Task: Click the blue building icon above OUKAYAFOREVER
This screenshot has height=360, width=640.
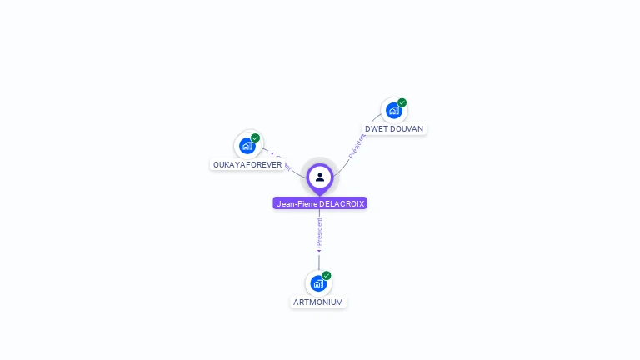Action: coord(247,146)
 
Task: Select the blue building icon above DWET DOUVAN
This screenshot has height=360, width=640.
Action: coord(393,110)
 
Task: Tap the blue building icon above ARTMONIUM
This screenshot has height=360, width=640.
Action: coord(318,283)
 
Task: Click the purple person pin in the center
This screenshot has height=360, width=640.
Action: coord(320,177)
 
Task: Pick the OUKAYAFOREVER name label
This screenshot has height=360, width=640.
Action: coord(247,165)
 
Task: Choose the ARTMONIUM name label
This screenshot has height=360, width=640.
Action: coord(318,302)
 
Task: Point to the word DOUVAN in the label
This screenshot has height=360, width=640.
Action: coord(407,129)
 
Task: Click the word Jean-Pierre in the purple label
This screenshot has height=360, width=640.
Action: coord(297,203)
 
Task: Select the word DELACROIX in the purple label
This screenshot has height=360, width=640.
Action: coord(342,203)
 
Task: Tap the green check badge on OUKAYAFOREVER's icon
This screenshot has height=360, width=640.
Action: coord(256,138)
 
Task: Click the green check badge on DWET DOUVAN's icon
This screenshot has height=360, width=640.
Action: coord(402,102)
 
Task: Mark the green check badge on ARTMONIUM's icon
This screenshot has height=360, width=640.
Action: coord(327,276)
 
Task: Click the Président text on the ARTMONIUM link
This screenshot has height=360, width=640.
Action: coord(319,231)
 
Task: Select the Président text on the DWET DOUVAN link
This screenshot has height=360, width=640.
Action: coord(357,146)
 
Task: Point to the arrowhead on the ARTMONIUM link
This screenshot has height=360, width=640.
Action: coord(319,250)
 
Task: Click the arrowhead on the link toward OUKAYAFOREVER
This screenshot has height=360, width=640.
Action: coord(272,154)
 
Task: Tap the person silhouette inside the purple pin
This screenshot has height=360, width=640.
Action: coord(320,177)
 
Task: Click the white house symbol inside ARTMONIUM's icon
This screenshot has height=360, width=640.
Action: coord(317,284)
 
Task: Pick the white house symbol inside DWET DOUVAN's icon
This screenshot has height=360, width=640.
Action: coord(392,111)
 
